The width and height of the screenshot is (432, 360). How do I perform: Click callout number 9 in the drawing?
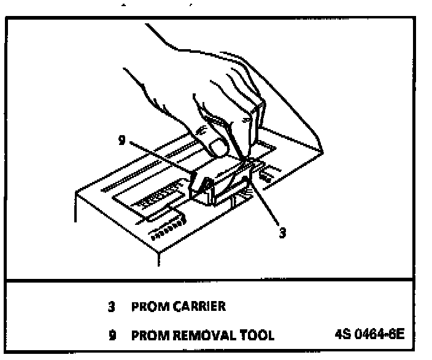coord(122,140)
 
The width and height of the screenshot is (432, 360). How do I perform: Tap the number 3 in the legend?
coord(112,306)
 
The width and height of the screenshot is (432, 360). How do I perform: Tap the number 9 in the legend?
coord(112,335)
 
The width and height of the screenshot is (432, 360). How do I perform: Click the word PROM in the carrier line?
coord(145,306)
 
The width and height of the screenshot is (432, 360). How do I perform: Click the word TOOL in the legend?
coord(254,335)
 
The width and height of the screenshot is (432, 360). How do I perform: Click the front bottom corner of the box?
coord(157,258)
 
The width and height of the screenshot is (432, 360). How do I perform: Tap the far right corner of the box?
coord(323,151)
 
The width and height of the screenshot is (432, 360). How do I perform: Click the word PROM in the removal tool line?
coord(145,335)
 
